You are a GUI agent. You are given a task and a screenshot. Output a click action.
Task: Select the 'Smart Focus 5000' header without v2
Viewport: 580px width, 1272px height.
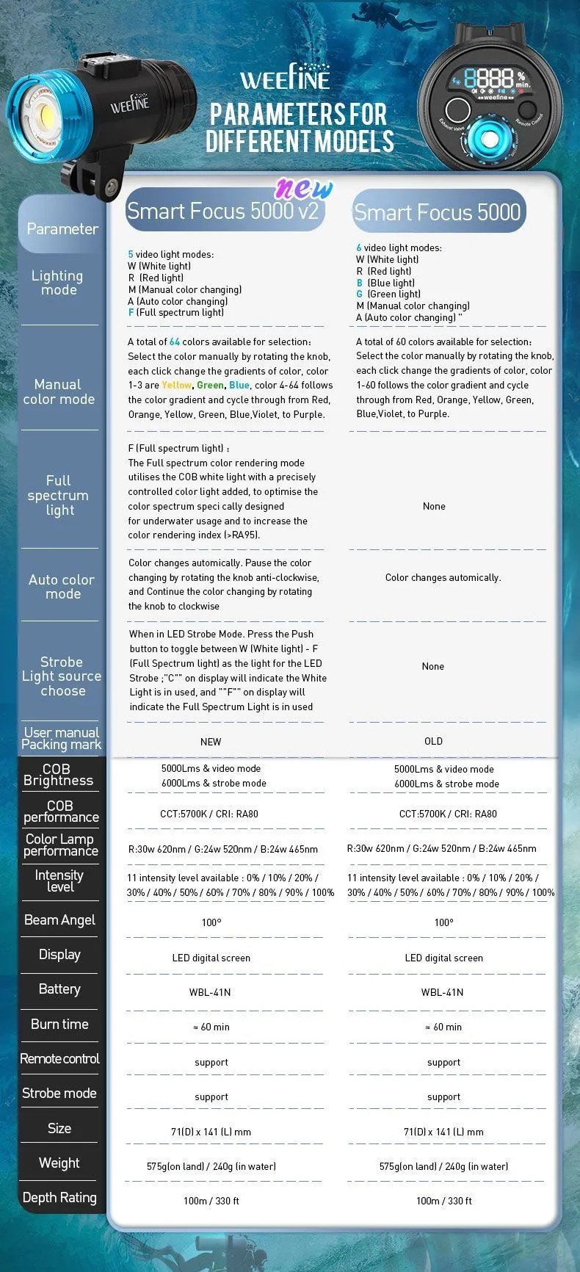[438, 212]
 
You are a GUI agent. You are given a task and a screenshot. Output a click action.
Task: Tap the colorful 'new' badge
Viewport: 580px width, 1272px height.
[304, 189]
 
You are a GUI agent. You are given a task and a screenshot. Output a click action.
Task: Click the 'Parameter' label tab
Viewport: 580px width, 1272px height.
[62, 228]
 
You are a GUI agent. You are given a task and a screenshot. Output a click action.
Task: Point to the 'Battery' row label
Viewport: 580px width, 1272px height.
[59, 989]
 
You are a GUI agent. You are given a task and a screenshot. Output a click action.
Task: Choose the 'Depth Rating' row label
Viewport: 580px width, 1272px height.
[59, 1197]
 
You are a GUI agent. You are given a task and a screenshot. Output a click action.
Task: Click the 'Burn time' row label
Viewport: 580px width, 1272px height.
[59, 1024]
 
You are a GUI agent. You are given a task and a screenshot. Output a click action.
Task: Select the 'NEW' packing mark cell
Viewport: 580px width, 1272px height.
[211, 742]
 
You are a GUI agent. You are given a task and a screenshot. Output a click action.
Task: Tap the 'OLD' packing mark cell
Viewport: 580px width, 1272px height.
[433, 741]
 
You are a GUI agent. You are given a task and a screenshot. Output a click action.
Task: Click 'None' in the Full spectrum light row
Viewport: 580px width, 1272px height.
[434, 506]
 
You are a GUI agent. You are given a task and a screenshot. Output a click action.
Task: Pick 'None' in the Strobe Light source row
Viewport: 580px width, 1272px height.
[433, 666]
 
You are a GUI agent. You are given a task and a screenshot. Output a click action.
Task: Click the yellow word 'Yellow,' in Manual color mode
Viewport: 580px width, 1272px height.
[177, 385]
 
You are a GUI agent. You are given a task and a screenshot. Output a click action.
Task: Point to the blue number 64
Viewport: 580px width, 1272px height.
[175, 342]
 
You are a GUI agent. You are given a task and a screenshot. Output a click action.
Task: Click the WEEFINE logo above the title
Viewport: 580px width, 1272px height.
[286, 78]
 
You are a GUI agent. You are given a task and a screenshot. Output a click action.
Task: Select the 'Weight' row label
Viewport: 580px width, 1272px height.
[59, 1163]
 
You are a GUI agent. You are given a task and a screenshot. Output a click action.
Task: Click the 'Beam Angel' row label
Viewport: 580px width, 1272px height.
[59, 920]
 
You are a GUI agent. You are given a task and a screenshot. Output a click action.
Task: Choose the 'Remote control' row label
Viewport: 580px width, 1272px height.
[59, 1058]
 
